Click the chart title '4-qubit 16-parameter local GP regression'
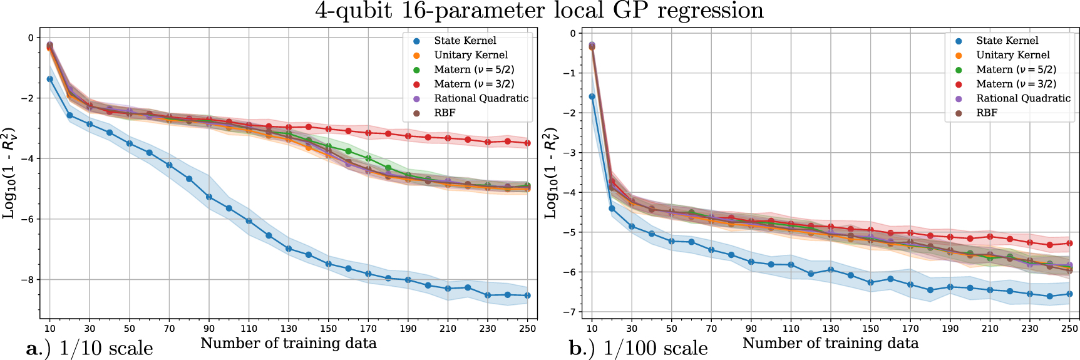[539, 11]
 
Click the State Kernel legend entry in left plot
[465, 41]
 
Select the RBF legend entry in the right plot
[987, 113]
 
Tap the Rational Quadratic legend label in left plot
[481, 98]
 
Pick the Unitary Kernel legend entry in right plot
[1012, 55]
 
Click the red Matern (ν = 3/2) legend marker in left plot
[416, 84]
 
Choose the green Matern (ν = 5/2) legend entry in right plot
[1016, 69]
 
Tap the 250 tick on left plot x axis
[527, 328]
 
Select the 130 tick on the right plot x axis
[831, 328]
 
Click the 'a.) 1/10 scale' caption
[90, 348]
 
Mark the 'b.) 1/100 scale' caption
[638, 348]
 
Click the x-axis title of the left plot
[288, 343]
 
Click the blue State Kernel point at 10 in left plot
[50, 80]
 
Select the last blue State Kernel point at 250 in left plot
[527, 296]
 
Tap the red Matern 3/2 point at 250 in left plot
[527, 143]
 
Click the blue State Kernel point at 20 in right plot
[612, 208]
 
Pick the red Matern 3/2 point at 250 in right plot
[1069, 243]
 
